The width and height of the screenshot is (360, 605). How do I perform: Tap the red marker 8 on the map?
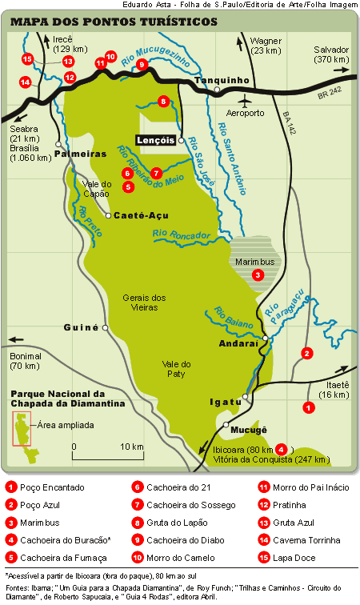point(163,101)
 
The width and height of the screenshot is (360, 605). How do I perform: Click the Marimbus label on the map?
point(253,261)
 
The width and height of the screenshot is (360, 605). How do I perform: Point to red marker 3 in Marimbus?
point(258,274)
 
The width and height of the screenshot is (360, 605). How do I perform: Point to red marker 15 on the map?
point(27,58)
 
